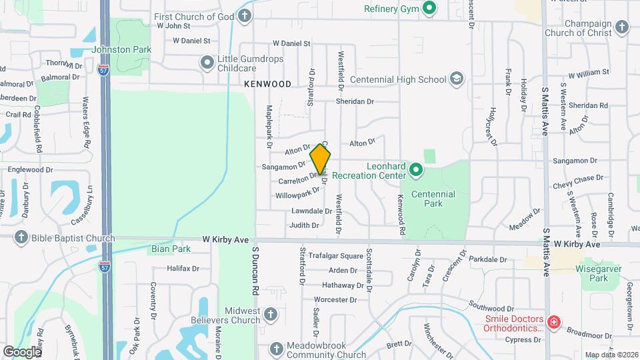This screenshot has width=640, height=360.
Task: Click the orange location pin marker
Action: (x=321, y=159)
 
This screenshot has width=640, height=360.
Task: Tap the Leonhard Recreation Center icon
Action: (x=417, y=170)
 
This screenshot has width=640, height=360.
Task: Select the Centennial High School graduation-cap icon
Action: (x=456, y=79)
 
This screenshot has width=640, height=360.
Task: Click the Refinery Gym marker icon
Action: (x=429, y=9)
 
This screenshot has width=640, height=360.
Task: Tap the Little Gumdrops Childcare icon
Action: (x=207, y=63)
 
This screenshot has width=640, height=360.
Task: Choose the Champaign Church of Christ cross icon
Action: (x=621, y=27)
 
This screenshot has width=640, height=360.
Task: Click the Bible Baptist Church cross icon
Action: (x=21, y=238)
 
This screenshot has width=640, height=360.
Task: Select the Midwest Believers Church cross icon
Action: (x=270, y=314)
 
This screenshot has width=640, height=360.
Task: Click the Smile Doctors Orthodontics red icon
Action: (x=553, y=323)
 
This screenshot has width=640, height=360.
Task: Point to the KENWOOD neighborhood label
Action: (x=267, y=84)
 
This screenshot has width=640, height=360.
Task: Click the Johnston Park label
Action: (x=121, y=49)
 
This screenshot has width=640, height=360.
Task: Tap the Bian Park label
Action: (x=171, y=249)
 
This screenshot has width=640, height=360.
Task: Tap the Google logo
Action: (x=22, y=351)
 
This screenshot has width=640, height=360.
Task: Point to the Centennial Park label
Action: (x=433, y=199)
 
